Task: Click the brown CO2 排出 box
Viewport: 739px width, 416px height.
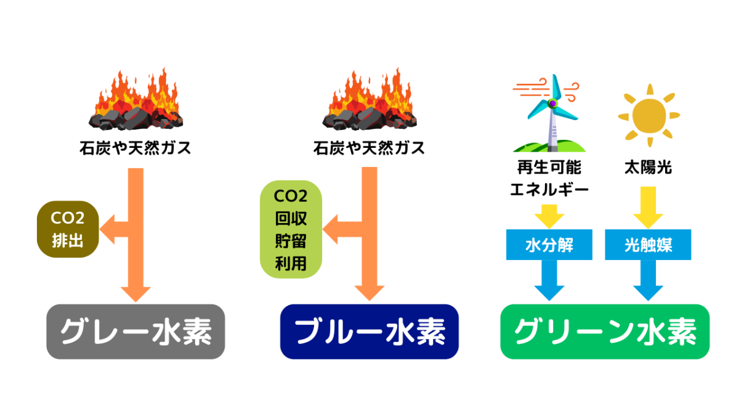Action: pyautogui.click(x=68, y=229)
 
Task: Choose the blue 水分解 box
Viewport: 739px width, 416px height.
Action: pyautogui.click(x=549, y=245)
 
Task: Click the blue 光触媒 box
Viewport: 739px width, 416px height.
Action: pyautogui.click(x=648, y=245)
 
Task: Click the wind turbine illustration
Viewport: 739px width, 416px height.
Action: pyautogui.click(x=548, y=114)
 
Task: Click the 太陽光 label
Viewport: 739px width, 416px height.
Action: pyautogui.click(x=648, y=167)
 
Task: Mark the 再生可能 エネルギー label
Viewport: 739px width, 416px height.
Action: pyautogui.click(x=549, y=178)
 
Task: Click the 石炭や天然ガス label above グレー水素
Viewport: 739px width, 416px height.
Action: pyautogui.click(x=135, y=148)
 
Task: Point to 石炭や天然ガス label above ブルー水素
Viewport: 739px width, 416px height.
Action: pyautogui.click(x=369, y=148)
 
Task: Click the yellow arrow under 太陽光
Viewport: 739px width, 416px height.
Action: pyautogui.click(x=648, y=208)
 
